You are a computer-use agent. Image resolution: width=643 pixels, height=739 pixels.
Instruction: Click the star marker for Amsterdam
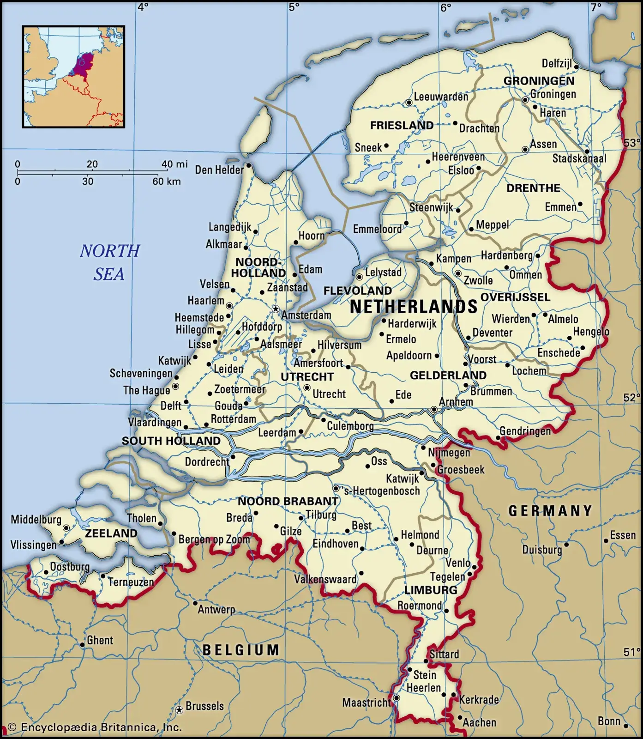click(x=276, y=309)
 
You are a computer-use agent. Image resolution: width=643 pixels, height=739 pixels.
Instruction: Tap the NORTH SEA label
click(x=109, y=262)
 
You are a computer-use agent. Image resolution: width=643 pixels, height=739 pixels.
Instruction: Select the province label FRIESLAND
click(x=402, y=125)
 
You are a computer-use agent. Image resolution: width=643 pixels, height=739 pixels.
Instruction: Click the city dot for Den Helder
click(x=249, y=165)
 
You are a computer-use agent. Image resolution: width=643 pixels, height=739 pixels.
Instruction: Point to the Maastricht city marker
click(x=396, y=698)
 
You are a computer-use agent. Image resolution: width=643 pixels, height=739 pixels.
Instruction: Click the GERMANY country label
click(x=550, y=510)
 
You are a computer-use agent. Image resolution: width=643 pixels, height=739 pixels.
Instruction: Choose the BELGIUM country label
click(x=241, y=650)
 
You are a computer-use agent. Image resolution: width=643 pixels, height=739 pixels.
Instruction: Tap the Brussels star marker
click(x=179, y=709)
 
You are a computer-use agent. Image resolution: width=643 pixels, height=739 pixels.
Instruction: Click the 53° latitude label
click(x=631, y=143)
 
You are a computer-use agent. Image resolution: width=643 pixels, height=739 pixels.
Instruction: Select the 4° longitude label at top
click(x=143, y=7)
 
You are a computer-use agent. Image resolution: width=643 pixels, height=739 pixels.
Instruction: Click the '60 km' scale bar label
click(x=166, y=182)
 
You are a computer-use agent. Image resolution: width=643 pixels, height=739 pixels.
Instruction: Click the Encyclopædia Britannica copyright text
click(x=95, y=727)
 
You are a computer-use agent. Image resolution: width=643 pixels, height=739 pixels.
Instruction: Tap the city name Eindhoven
click(x=336, y=544)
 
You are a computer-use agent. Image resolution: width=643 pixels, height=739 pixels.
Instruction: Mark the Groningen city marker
click(x=525, y=100)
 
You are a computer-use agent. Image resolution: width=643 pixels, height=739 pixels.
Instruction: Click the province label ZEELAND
click(x=111, y=533)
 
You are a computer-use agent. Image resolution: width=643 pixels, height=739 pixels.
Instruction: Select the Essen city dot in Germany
click(x=606, y=540)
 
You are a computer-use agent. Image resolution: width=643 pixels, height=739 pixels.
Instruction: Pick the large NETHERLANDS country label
click(x=414, y=307)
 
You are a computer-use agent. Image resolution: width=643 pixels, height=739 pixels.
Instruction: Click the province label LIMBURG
click(x=431, y=590)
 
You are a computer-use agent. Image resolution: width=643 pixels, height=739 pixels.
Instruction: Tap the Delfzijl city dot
click(x=577, y=66)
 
